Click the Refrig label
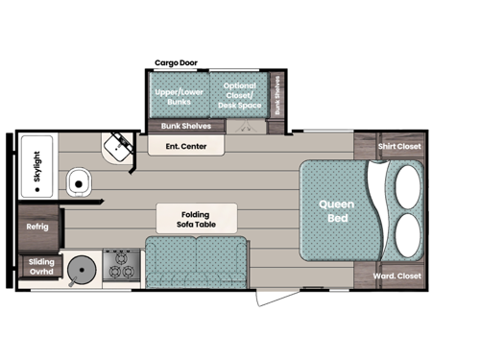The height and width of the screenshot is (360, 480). coord(37,228)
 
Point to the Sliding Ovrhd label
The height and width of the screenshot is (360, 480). coord(39,266)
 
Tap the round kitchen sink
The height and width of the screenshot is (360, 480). coord(84,269)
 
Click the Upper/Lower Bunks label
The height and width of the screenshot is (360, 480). coord(180,96)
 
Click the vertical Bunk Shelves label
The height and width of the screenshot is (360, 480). coord(278,96)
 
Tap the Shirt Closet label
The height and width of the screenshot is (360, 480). coord(399,147)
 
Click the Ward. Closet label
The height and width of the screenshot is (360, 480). coord(396,276)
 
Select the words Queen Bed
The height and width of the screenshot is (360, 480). coord(337,210)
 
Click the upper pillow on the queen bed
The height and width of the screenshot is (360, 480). coord(406,185)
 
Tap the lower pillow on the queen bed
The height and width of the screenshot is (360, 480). coord(406,233)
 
